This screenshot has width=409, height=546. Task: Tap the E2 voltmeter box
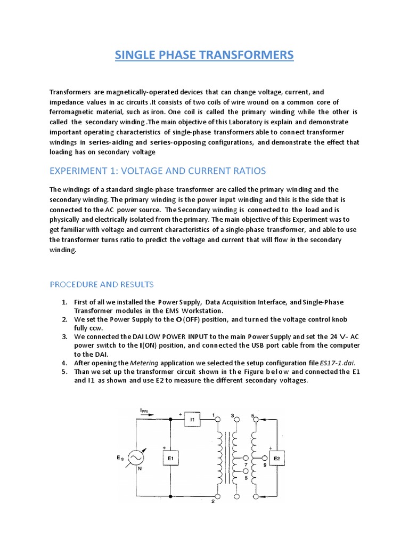(277, 458)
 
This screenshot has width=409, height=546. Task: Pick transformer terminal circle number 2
(217, 496)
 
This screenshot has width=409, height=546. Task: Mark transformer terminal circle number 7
(244, 458)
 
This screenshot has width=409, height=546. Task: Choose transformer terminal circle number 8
(244, 471)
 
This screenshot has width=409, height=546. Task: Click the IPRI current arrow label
(145, 410)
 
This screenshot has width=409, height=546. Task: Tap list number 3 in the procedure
(64, 336)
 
